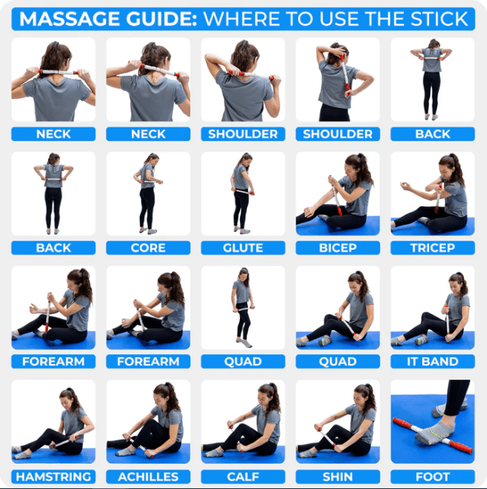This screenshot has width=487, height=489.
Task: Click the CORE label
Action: click(x=148, y=248)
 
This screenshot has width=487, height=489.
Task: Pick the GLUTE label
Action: click(x=242, y=248)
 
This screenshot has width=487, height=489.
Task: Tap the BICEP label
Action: click(x=338, y=248)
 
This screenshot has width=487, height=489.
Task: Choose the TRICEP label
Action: click(x=432, y=248)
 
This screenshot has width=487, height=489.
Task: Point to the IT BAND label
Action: click(x=432, y=362)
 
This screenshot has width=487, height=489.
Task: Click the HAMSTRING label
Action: click(x=53, y=476)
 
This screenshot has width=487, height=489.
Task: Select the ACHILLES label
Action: click(x=148, y=476)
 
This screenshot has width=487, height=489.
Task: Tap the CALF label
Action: click(x=242, y=476)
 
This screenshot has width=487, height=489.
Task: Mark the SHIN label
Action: click(x=338, y=476)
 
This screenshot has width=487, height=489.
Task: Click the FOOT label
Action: click(x=432, y=476)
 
